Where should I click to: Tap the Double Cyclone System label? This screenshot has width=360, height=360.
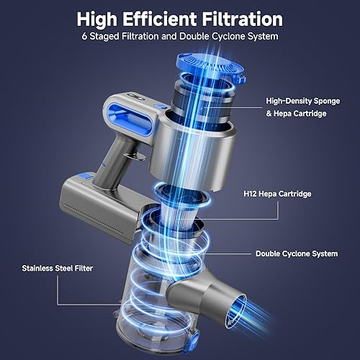(x=297, y=253)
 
